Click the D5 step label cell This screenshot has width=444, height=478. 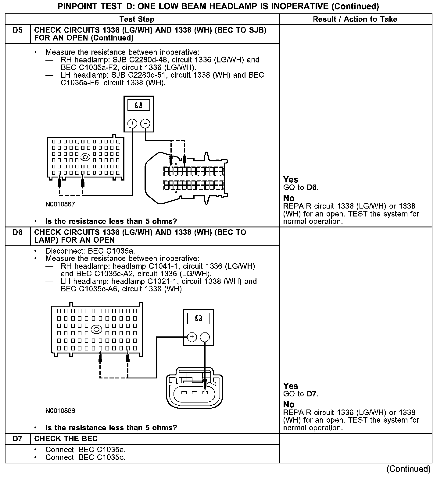pyautogui.click(x=18, y=30)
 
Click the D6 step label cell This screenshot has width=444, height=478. pyautogui.click(x=18, y=233)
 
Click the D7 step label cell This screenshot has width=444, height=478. pyautogui.click(x=18, y=439)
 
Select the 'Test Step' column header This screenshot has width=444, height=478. pyautogui.click(x=137, y=19)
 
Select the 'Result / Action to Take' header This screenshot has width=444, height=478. pyautogui.click(x=355, y=19)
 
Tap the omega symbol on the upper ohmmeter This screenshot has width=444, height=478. pyautogui.click(x=138, y=105)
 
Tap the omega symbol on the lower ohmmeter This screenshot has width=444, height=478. pyautogui.click(x=198, y=318)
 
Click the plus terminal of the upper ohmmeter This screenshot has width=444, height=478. pyautogui.click(x=132, y=123)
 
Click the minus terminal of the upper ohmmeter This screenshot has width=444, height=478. pyautogui.click(x=145, y=123)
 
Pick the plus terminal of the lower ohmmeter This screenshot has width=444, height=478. pyautogui.click(x=192, y=337)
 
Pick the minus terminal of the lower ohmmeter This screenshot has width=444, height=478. pyautogui.click(x=205, y=337)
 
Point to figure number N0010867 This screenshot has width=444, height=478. pyautogui.click(x=60, y=204)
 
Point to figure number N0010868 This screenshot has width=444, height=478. pyautogui.click(x=60, y=411)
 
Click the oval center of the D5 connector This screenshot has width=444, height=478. pyautogui.click(x=85, y=157)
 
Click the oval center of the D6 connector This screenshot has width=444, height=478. pyautogui.click(x=96, y=329)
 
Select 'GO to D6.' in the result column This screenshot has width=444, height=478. pyautogui.click(x=301, y=188)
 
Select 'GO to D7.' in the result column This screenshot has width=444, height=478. pyautogui.click(x=301, y=394)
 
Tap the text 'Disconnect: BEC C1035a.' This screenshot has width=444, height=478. pyautogui.click(x=90, y=251)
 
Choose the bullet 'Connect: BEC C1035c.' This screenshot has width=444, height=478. pyautogui.click(x=85, y=457)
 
